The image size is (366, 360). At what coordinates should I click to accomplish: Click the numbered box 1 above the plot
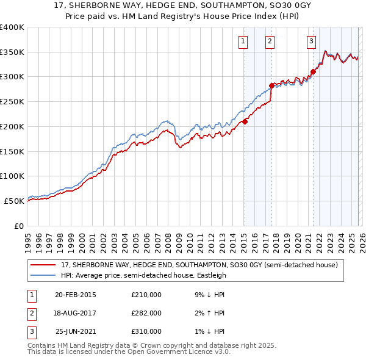point(243,41)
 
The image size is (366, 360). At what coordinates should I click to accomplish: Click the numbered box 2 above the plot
point(270,41)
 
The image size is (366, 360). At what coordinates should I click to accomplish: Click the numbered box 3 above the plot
point(311,41)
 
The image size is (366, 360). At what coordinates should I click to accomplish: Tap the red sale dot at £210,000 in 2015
point(245,121)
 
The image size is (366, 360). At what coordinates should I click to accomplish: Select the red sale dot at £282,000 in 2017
point(271,85)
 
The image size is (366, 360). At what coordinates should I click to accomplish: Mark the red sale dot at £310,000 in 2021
point(313,71)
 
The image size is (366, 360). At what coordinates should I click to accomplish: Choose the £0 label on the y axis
point(18,226)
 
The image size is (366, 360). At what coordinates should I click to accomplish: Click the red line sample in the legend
point(43,265)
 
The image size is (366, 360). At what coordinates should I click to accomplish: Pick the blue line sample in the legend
point(43,275)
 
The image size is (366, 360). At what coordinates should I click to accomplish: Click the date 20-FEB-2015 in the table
point(76,294)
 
